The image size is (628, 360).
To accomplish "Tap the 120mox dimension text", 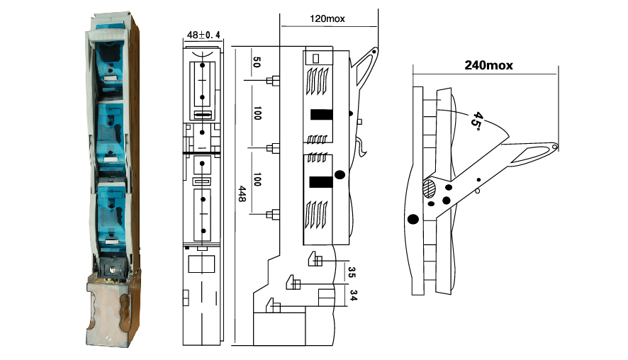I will point(327,18).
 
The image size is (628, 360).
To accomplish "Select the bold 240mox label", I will point(488,65).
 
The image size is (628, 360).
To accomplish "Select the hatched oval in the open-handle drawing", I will point(429,189).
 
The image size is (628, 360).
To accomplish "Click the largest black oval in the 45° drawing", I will point(413,218).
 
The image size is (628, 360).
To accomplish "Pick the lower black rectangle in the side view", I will point(320,182).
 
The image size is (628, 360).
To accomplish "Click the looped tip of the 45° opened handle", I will point(552,147).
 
